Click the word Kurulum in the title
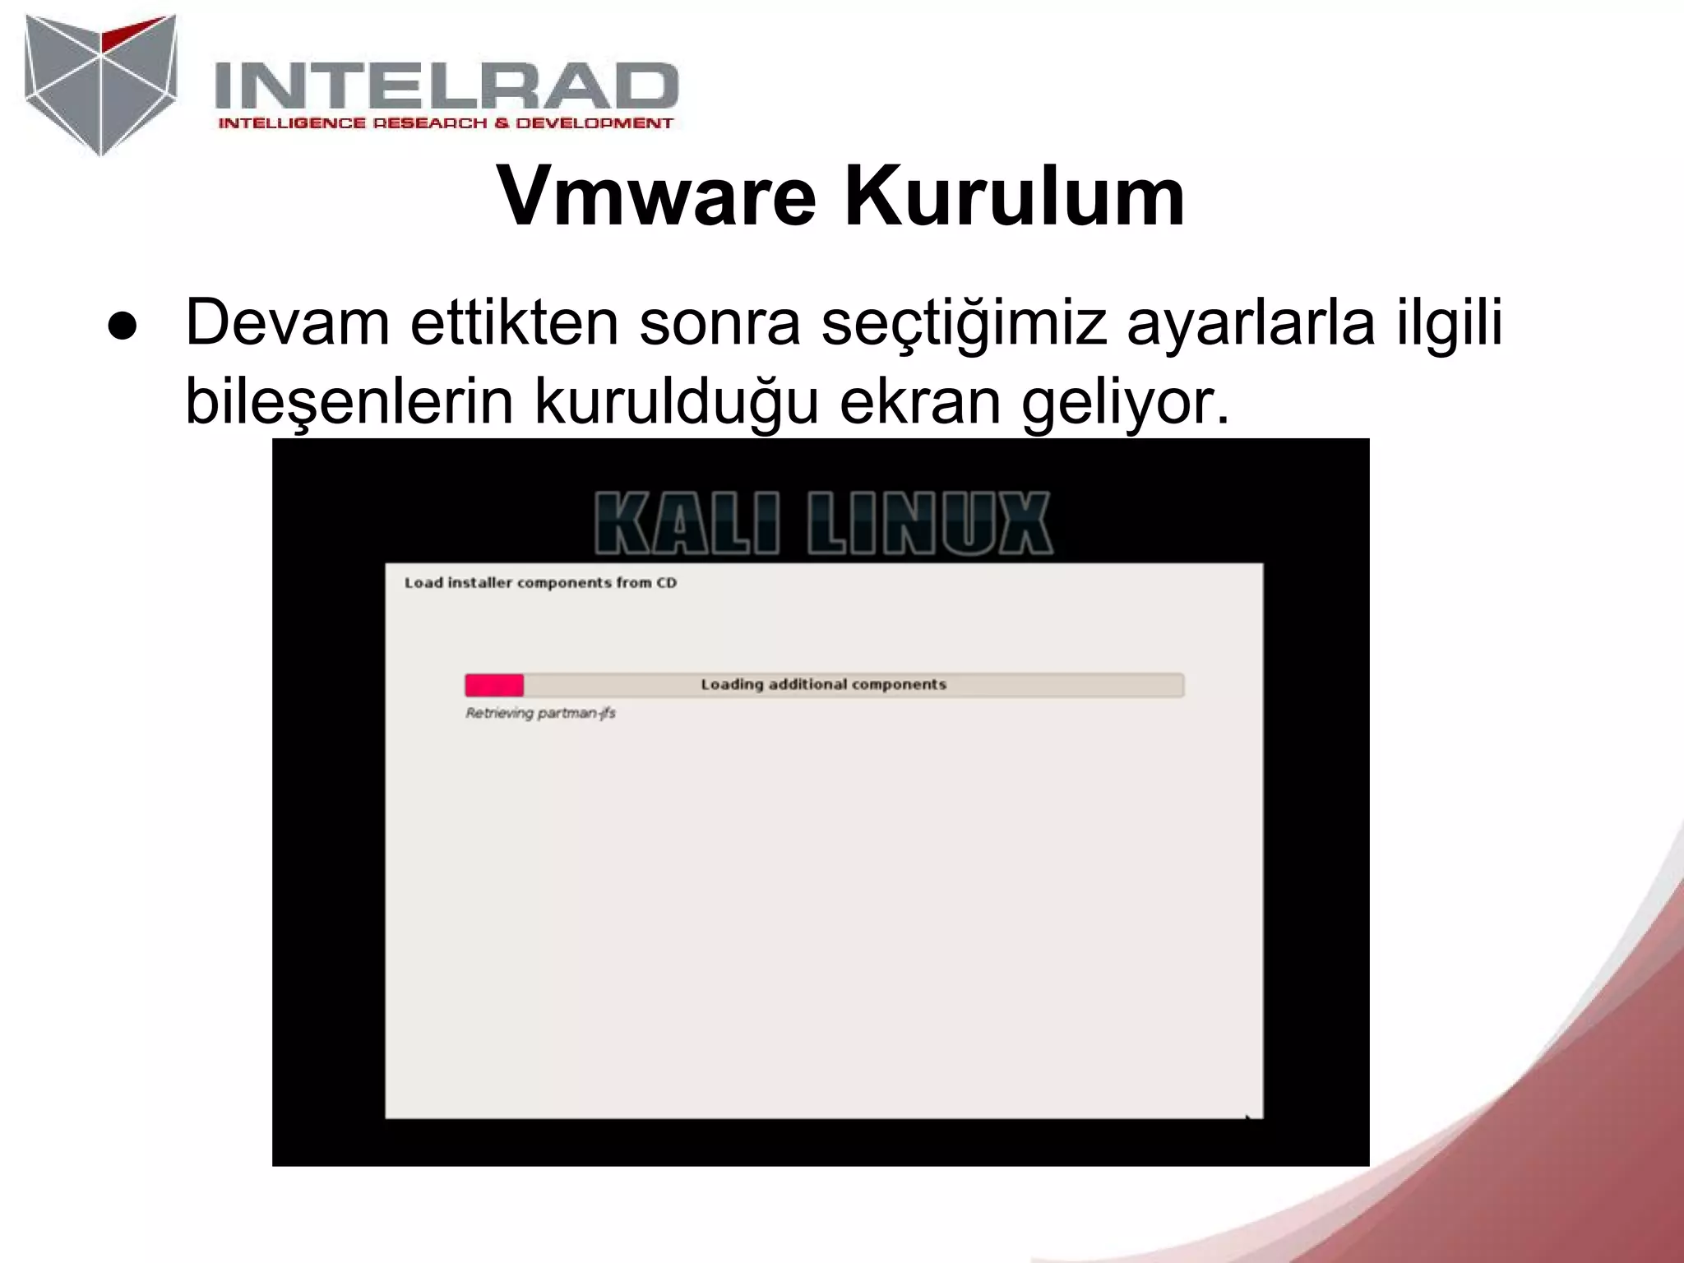[x=1015, y=197]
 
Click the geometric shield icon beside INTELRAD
[x=100, y=84]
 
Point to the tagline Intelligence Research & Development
[x=445, y=123]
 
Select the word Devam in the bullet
[x=287, y=322]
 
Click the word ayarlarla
[x=1250, y=322]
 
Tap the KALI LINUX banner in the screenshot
[x=822, y=523]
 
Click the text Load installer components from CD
[x=540, y=583]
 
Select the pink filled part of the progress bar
[x=494, y=685]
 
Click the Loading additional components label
[x=823, y=684]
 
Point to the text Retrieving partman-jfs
[x=540, y=713]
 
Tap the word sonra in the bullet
[x=719, y=322]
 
